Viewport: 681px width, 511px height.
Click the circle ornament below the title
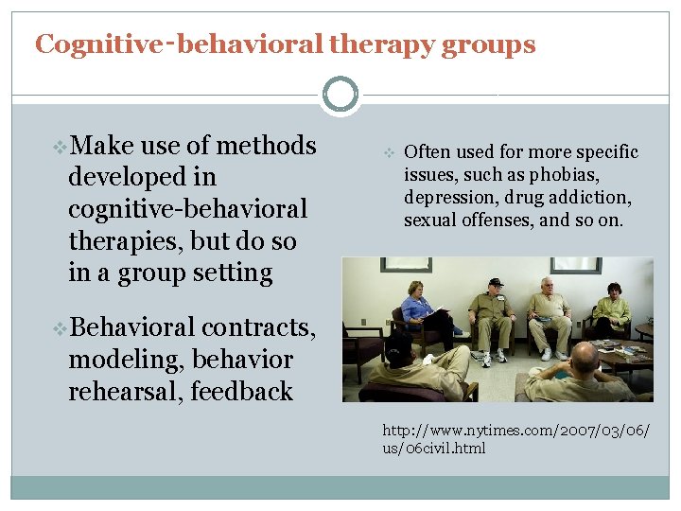(x=340, y=95)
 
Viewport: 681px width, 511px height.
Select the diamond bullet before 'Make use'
(x=61, y=146)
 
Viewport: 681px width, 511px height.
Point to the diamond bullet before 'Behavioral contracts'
(x=61, y=327)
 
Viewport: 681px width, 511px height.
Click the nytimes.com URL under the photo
(x=516, y=438)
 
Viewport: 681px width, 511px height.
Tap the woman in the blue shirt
(x=416, y=308)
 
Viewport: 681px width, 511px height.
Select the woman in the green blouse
(x=613, y=309)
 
